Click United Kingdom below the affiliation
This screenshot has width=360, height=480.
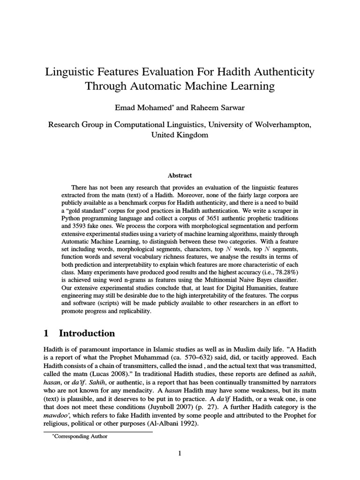(x=180, y=135)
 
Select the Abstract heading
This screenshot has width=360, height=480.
(x=180, y=175)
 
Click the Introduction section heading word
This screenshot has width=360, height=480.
(x=87, y=333)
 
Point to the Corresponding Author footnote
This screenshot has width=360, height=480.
(x=80, y=436)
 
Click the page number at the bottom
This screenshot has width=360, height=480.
(x=180, y=453)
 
